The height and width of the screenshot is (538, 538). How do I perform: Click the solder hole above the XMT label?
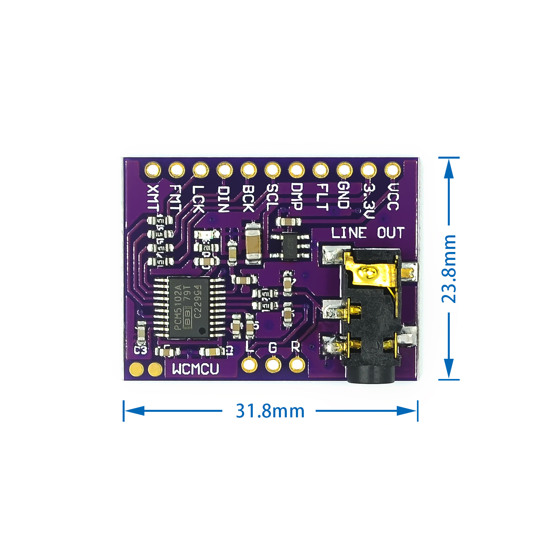pos(153,170)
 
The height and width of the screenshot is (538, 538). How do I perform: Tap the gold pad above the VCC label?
pos(392,170)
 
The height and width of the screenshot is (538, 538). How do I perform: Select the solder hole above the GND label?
pos(345,170)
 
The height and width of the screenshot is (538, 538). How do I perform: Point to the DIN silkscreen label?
pos(224,199)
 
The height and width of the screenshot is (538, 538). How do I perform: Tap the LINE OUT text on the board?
pos(368,233)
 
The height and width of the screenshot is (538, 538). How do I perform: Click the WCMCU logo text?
pos(195,369)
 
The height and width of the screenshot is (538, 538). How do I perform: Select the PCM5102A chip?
pos(189,307)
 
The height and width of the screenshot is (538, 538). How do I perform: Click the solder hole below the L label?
pos(249,364)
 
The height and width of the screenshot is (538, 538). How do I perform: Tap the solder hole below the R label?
pos(297,364)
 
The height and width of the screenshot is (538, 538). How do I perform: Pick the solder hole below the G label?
pos(273,364)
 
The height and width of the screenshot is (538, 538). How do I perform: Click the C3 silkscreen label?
pos(140,350)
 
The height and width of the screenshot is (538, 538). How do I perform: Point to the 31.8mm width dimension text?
pos(270,411)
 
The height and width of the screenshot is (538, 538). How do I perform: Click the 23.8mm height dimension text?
pos(449,269)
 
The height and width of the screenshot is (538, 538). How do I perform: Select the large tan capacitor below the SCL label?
pos(253,244)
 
